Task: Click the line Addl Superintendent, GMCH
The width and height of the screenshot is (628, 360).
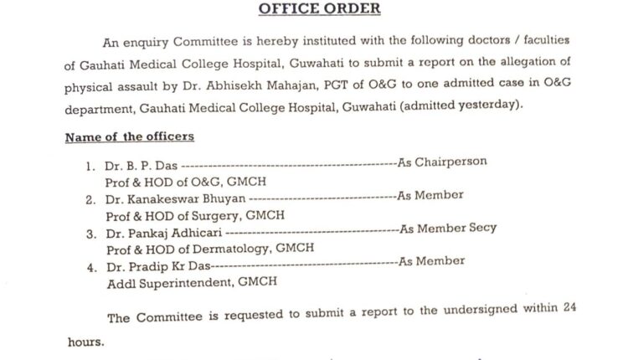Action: coord(190,283)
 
